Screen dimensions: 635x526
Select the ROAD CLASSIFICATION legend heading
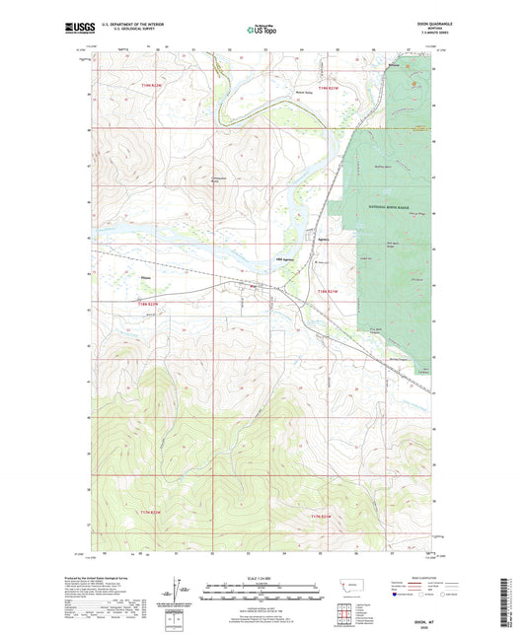(404, 580)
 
